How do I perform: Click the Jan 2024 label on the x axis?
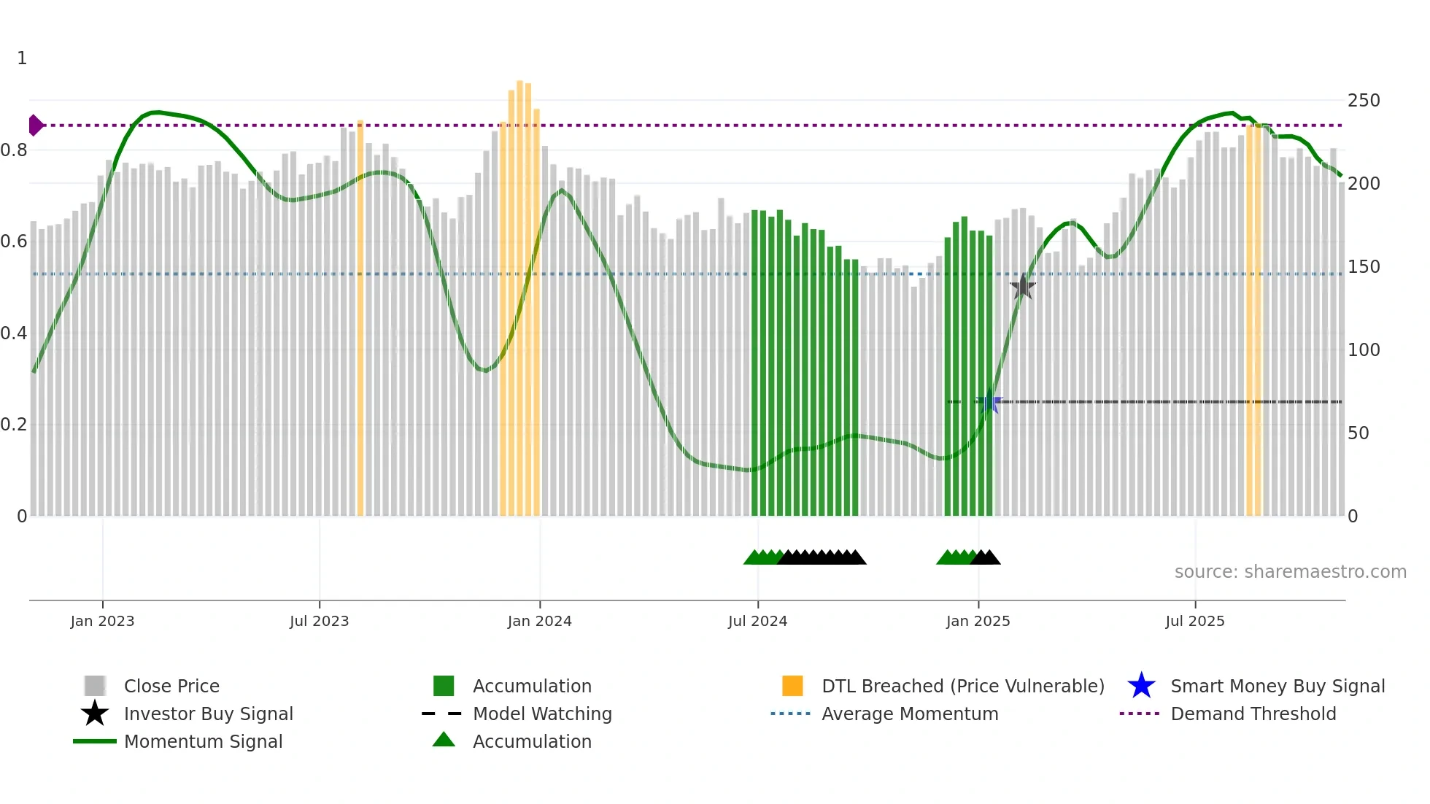pyautogui.click(x=539, y=621)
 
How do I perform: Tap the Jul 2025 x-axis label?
pyautogui.click(x=1194, y=621)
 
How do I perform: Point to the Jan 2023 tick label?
pyautogui.click(x=102, y=621)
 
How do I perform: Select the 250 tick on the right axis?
pyautogui.click(x=1363, y=101)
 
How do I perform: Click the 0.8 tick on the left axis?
pyautogui.click(x=14, y=150)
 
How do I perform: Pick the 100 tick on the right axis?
pyautogui.click(x=1363, y=350)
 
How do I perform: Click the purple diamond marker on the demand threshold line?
pyautogui.click(x=34, y=125)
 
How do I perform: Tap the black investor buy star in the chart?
pyautogui.click(x=1023, y=287)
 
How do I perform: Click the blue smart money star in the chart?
pyautogui.click(x=990, y=402)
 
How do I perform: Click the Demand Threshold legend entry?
pyautogui.click(x=1253, y=714)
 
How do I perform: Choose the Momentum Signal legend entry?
pyautogui.click(x=203, y=741)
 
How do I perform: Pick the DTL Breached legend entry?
pyautogui.click(x=962, y=686)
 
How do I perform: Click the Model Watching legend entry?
pyautogui.click(x=541, y=714)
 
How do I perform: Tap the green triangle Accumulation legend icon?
pyautogui.click(x=444, y=740)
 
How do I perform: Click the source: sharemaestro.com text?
pyautogui.click(x=1290, y=571)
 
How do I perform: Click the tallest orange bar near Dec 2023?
pyautogui.click(x=520, y=299)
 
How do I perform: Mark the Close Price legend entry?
pyautogui.click(x=171, y=686)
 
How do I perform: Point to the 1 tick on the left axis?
pyautogui.click(x=22, y=58)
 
